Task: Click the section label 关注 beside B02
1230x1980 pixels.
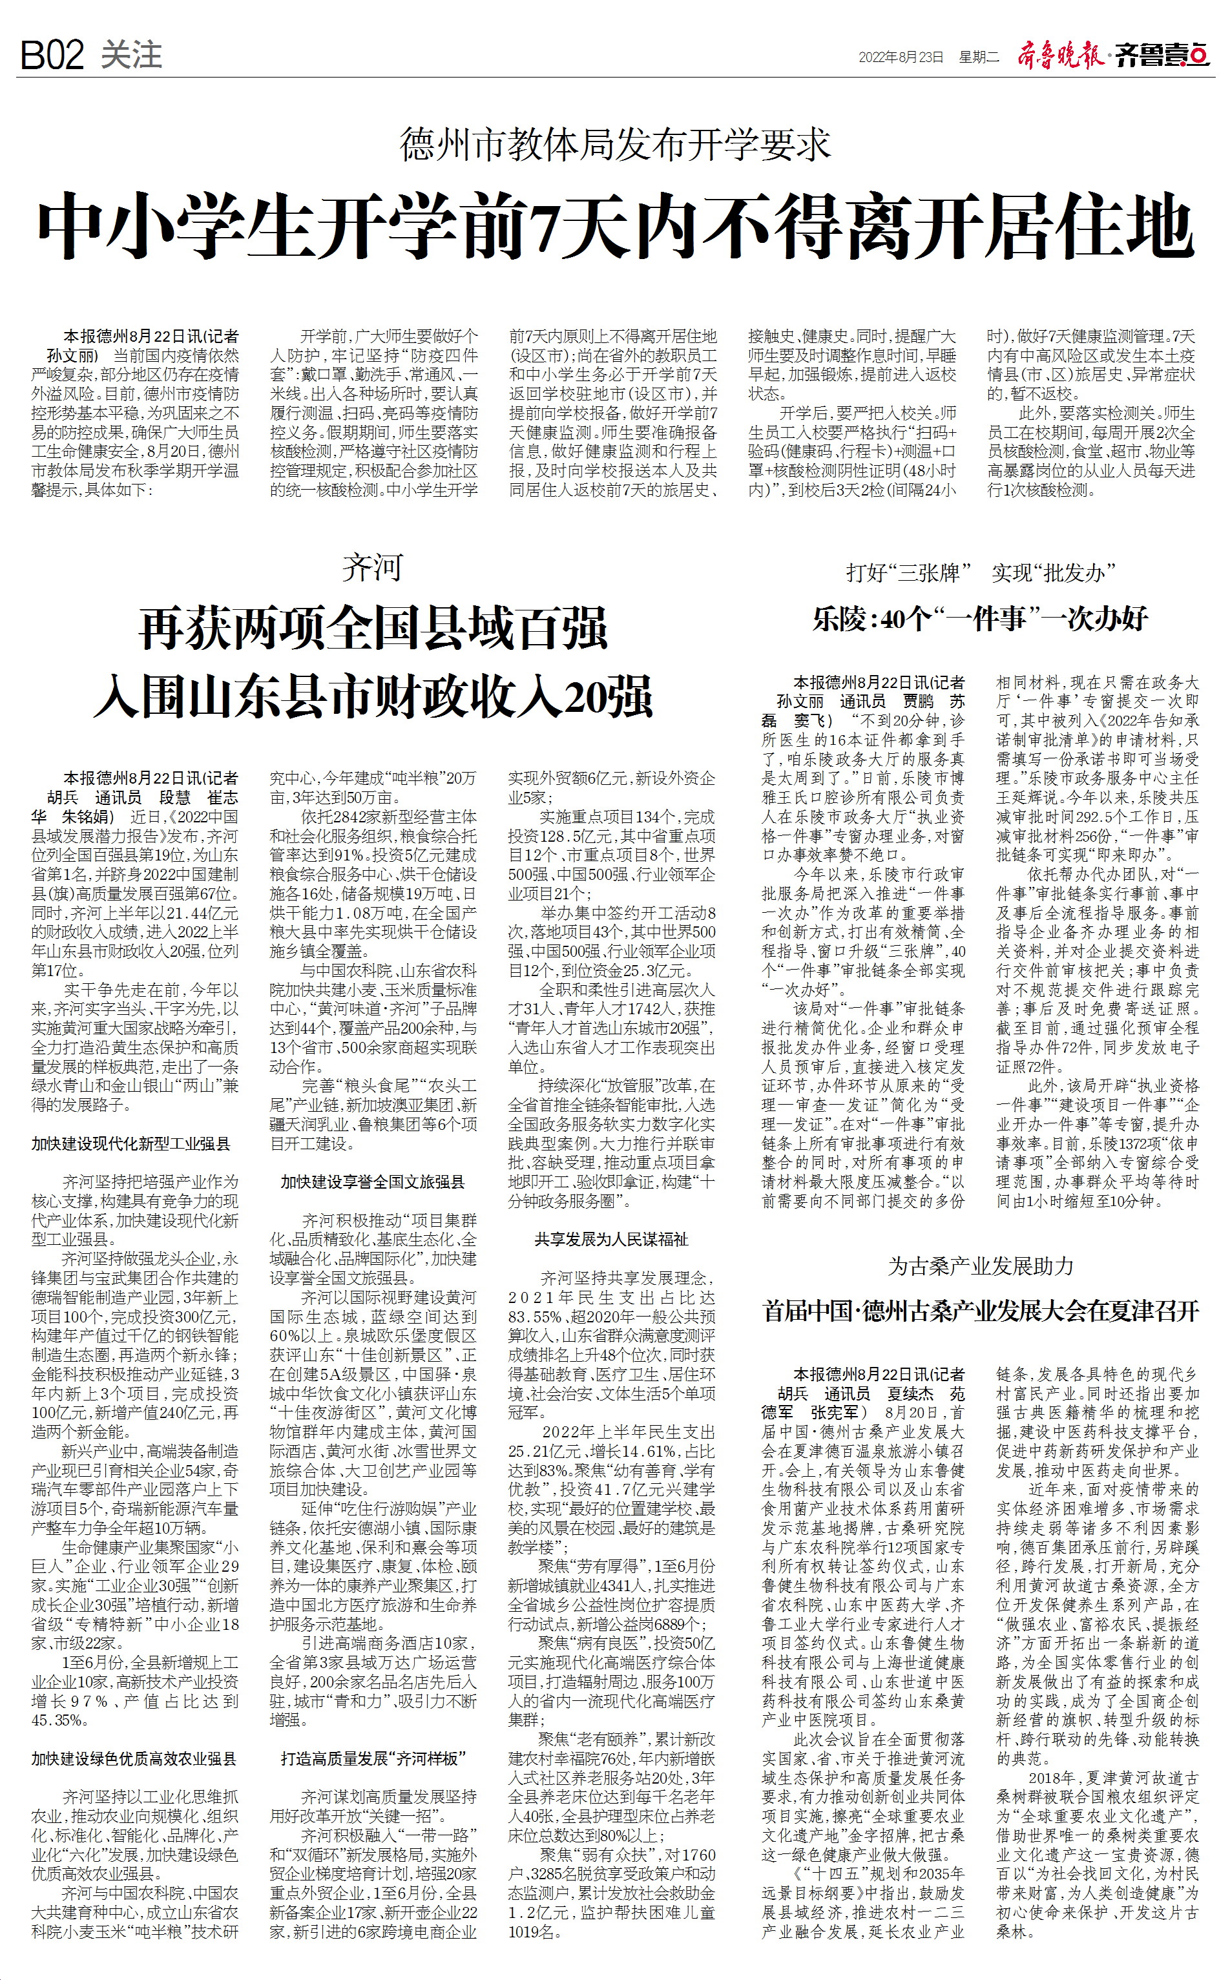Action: pyautogui.click(x=131, y=54)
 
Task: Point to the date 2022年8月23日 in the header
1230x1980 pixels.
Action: pyautogui.click(x=901, y=57)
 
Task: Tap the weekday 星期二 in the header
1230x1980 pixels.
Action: pyautogui.click(x=978, y=57)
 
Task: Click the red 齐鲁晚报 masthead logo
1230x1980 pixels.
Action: pyautogui.click(x=1060, y=56)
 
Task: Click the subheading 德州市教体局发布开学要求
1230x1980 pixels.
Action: pyautogui.click(x=615, y=145)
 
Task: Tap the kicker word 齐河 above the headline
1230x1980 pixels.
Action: pyautogui.click(x=373, y=568)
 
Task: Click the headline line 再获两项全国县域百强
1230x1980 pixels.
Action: pyautogui.click(x=373, y=629)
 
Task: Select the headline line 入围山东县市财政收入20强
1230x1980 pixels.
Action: pyautogui.click(x=373, y=696)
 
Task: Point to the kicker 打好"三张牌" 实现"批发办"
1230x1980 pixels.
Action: pyautogui.click(x=979, y=573)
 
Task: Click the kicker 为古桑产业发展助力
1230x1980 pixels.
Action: pyautogui.click(x=980, y=1266)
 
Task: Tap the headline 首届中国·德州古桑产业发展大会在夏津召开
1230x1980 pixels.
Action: pyautogui.click(x=980, y=1311)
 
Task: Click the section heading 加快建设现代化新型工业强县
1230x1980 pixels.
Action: pyautogui.click(x=131, y=1143)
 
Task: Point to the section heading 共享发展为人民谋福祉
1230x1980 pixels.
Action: pyautogui.click(x=611, y=1239)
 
